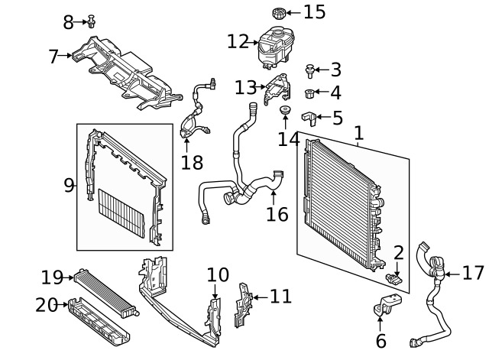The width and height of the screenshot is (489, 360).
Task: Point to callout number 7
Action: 53,56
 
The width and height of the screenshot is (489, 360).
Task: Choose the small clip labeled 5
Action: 311,117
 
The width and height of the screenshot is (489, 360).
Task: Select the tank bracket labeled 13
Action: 277,90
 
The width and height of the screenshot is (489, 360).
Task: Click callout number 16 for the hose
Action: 277,214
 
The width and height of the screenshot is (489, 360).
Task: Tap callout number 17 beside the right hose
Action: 474,273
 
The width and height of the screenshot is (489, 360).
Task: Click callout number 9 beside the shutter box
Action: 68,185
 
